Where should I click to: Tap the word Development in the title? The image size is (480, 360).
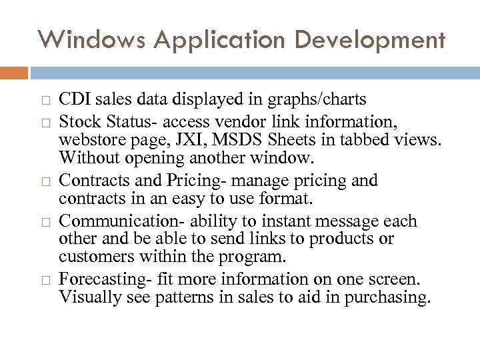[370, 39]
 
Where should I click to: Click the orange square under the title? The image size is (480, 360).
[13, 72]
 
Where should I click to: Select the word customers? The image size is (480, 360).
[91, 257]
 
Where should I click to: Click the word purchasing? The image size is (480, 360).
[387, 297]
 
